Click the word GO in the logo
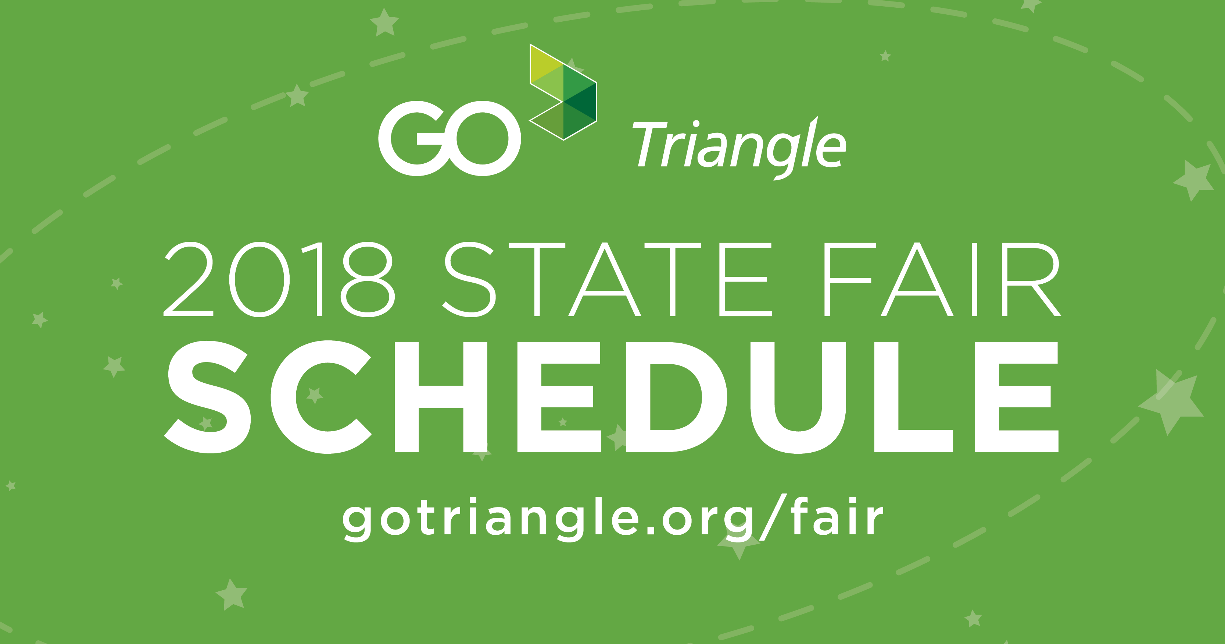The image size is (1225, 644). coord(449,138)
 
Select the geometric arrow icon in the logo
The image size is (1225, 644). coord(563,92)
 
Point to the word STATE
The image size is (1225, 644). coord(607,279)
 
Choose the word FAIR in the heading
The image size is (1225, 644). coord(942,279)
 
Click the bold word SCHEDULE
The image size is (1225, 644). coord(612,396)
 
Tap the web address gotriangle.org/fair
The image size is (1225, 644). coord(612,519)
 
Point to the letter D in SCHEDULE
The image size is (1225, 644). coord(676,396)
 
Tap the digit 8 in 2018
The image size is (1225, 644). coord(368,279)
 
